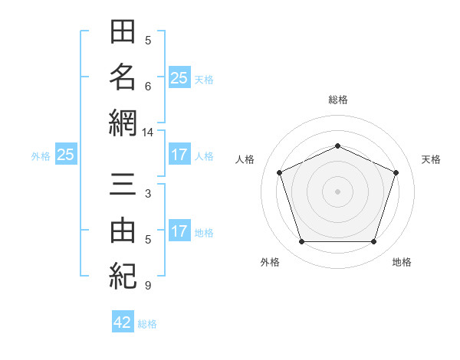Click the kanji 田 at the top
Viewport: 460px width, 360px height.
click(123, 31)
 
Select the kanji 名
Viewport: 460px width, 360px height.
click(123, 77)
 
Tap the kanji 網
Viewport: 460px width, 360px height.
click(123, 123)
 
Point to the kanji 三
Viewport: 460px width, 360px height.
click(123, 184)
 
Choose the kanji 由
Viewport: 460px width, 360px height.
click(123, 230)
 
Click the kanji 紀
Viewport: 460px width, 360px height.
click(123, 276)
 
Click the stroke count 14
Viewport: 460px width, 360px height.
click(147, 133)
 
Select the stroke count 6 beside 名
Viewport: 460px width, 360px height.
click(148, 87)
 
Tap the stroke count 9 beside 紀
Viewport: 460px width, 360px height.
click(148, 285)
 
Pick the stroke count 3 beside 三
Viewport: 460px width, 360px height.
click(148, 194)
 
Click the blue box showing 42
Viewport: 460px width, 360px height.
click(123, 321)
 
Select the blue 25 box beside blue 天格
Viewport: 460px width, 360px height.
click(179, 77)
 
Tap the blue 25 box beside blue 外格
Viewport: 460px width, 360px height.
click(66, 154)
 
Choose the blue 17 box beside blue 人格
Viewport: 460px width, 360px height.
click(179, 154)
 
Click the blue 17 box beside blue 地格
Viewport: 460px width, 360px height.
click(179, 230)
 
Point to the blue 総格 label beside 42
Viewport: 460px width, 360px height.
click(147, 324)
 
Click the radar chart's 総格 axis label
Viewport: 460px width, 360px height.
click(338, 100)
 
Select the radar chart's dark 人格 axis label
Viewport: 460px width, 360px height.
click(245, 159)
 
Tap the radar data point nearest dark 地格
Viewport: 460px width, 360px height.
click(373, 242)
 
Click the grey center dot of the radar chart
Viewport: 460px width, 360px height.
click(337, 191)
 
